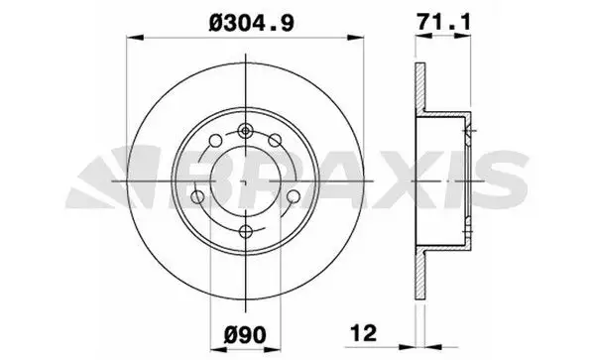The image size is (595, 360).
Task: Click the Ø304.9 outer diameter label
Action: [251, 23]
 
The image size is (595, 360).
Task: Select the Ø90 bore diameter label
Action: [245, 334]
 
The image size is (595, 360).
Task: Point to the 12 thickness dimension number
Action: [364, 332]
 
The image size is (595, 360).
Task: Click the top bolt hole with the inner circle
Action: [246, 131]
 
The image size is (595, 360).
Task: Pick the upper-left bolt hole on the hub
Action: [215, 141]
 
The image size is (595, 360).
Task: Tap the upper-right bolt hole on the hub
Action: [275, 141]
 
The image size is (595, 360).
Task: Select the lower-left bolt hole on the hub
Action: [197, 196]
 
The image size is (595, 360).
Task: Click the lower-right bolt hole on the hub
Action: [293, 196]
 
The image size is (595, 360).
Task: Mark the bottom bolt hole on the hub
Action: [246, 231]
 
